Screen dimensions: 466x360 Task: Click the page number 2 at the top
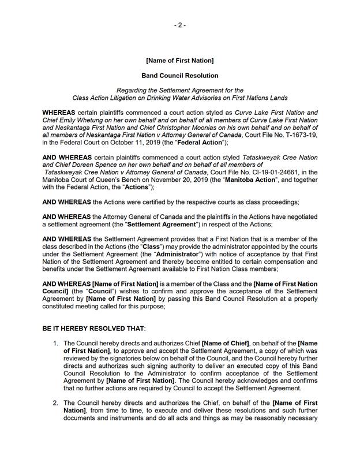179,25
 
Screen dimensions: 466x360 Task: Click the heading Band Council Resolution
179,76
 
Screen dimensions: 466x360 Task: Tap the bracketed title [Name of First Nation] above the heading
179,61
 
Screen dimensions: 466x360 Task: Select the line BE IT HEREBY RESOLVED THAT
93,328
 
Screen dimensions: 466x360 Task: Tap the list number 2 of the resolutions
56,402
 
